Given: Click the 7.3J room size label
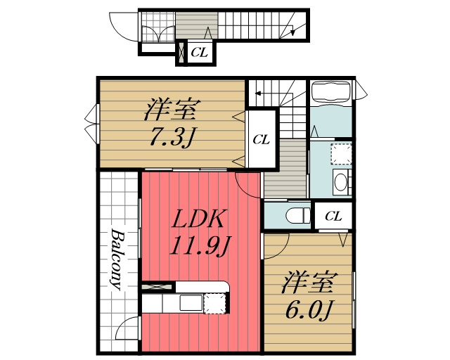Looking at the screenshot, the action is (x=172, y=138).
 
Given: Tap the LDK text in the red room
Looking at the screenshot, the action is (x=198, y=219).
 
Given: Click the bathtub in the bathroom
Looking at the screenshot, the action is (x=331, y=92).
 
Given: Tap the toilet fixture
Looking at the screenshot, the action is (x=298, y=215).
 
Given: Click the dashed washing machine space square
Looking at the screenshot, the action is (x=341, y=154).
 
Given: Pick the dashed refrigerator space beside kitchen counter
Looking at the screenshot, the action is (x=214, y=303).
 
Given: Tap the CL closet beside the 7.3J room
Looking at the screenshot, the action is (x=262, y=140).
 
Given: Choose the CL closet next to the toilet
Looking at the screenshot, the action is (x=333, y=216).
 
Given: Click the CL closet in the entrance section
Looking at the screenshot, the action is (x=200, y=53).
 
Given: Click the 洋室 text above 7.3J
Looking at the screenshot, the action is (x=172, y=110).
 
